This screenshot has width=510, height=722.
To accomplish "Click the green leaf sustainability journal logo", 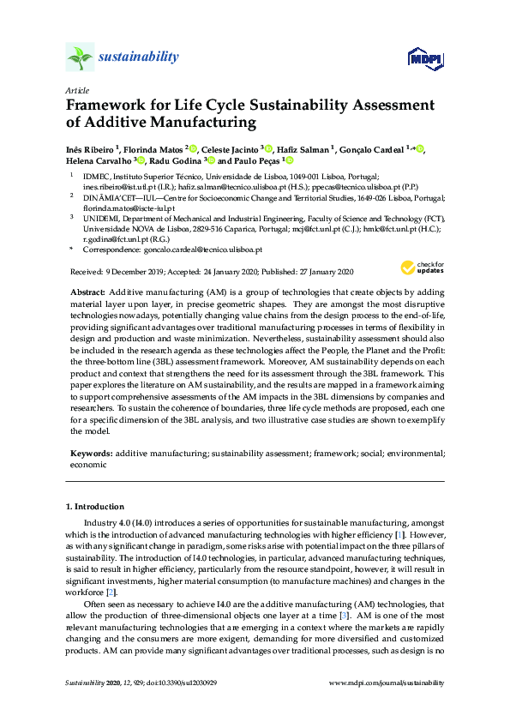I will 80,58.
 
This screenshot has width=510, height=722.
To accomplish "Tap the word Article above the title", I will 76,89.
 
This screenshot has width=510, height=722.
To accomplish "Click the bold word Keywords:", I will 90,452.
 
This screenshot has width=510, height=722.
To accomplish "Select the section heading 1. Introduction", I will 94,507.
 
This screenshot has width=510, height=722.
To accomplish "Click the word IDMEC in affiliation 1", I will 95,174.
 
